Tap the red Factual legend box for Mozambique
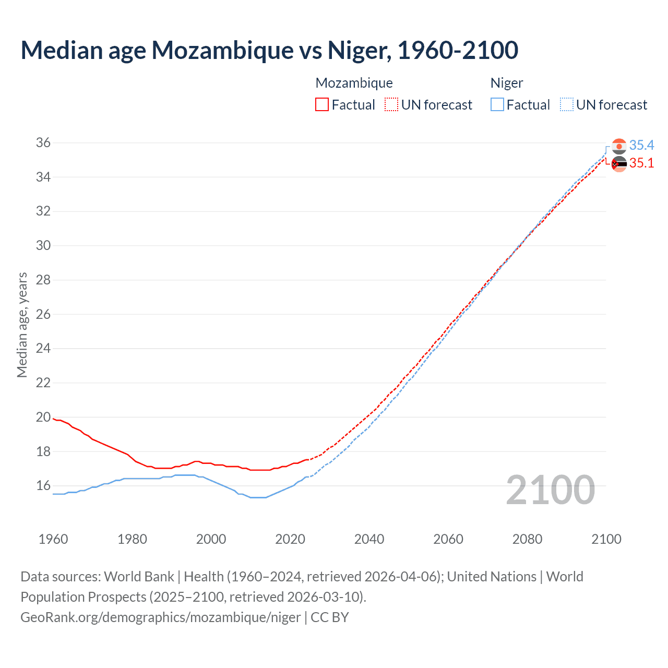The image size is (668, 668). point(322,105)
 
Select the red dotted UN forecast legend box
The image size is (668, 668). point(391,105)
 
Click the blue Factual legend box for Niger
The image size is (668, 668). point(497,105)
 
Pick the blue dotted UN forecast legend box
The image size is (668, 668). point(566,105)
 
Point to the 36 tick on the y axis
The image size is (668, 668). point(43,143)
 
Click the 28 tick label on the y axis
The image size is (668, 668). point(43,280)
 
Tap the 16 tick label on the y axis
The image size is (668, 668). point(43,486)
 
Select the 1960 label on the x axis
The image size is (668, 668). point(53,539)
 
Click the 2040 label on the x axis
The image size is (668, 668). point(369,539)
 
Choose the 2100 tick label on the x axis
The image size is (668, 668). point(606,539)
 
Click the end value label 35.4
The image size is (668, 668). point(641,145)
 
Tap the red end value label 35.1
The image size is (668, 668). point(641,163)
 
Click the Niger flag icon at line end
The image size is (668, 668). point(619,146)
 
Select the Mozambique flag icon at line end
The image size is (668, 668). point(619,164)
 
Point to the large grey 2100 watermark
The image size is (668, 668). point(550,490)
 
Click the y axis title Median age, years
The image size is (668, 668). point(22,325)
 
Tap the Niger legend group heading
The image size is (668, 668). point(506,83)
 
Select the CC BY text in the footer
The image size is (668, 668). point(330,617)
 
